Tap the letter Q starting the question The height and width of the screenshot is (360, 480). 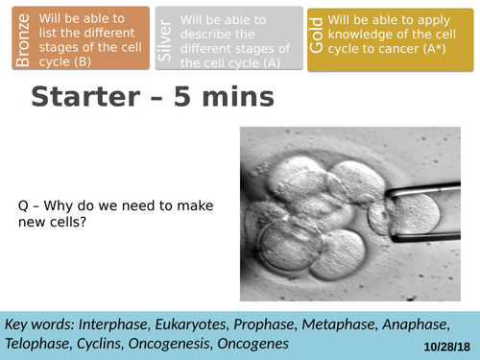pyautogui.click(x=24, y=206)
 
